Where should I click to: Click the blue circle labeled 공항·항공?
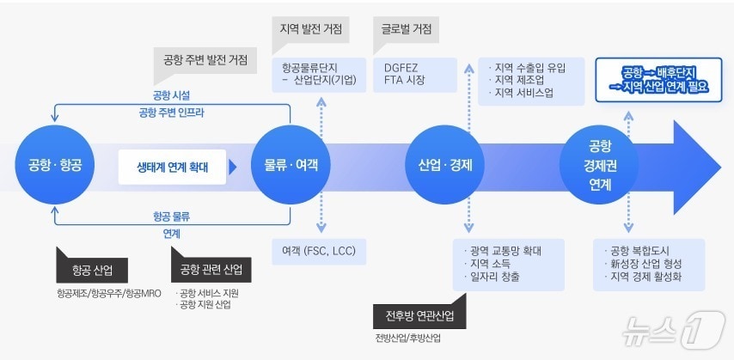(54, 164)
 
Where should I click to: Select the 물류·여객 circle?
(285, 164)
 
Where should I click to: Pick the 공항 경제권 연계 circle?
(600, 164)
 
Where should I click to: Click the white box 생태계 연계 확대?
(177, 167)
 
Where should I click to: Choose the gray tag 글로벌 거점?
(407, 28)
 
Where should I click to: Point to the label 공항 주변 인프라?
(171, 113)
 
